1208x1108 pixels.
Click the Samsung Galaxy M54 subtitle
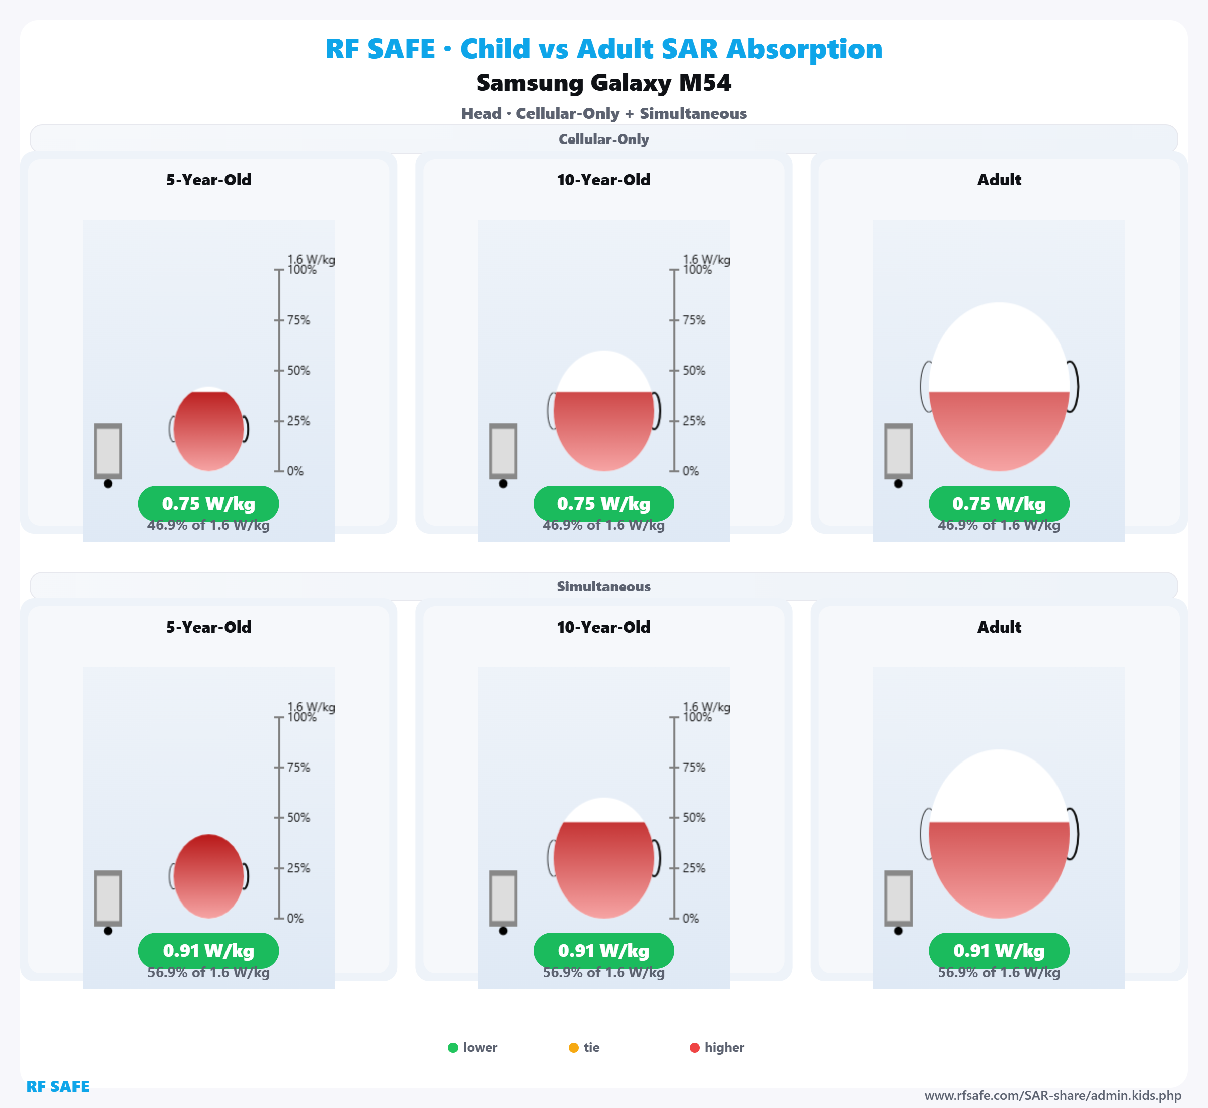coord(603,83)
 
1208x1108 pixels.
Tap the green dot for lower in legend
coord(453,1048)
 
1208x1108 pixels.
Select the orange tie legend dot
coord(573,1048)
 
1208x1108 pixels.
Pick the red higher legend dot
coord(695,1048)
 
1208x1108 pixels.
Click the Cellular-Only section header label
coord(603,139)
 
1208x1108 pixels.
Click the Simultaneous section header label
coord(603,586)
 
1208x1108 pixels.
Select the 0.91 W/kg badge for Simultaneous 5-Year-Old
coord(208,951)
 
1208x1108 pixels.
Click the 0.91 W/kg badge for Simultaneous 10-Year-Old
coord(603,951)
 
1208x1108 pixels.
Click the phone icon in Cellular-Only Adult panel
coord(898,451)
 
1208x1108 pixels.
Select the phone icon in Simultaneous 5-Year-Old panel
coord(108,898)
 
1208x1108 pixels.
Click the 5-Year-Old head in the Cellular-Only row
coord(208,429)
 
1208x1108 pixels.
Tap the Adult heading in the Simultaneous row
coord(999,627)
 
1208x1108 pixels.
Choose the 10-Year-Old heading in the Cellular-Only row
coord(603,180)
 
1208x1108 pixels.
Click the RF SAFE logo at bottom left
coord(57,1086)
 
